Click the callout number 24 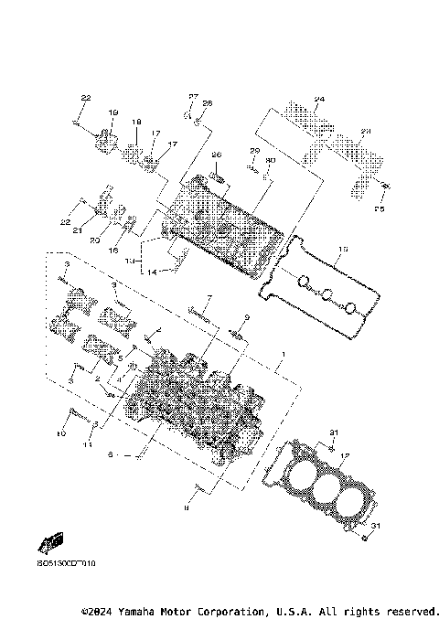319,99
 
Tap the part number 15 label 343,249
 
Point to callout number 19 114,112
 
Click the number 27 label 194,96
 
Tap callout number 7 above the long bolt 208,298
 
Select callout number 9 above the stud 246,316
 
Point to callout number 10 61,433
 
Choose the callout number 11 88,444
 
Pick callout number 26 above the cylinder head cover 217,155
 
